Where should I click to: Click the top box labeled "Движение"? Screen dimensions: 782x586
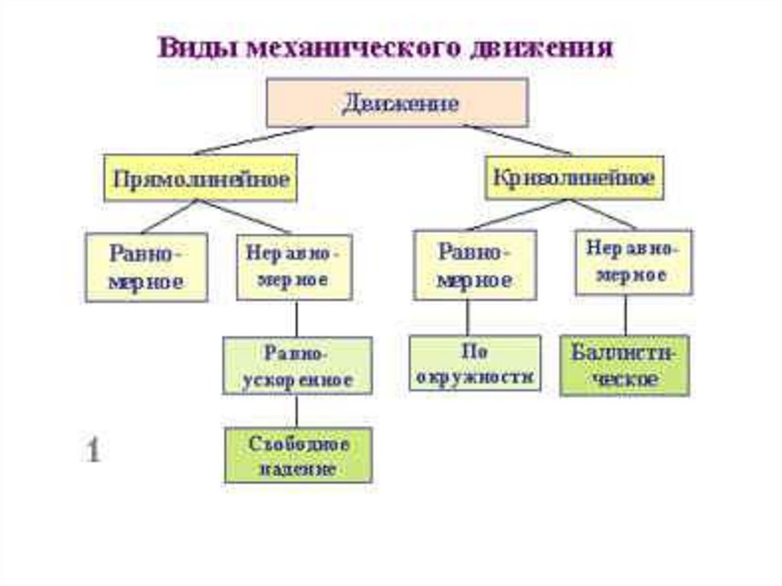396,102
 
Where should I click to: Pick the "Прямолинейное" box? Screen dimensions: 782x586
201,178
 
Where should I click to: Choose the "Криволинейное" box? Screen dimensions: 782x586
574,178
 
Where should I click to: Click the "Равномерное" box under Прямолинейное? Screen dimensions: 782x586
146,267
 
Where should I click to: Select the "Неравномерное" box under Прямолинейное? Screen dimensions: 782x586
294,267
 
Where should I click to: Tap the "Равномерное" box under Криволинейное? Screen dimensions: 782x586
475,267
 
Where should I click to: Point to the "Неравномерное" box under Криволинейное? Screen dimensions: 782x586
633,262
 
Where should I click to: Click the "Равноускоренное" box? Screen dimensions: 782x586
298,366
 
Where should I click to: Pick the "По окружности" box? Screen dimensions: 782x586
475,364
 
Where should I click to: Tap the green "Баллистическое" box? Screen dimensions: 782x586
625,365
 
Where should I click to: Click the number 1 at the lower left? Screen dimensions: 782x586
92,450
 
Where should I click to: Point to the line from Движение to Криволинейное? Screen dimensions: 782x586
519,140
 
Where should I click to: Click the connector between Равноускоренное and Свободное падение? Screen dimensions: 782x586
298,411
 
